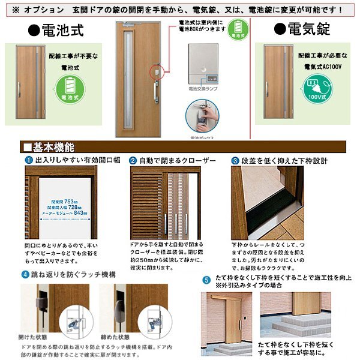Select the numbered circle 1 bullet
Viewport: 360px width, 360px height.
tap(28, 161)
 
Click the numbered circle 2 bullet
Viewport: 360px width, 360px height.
tap(133, 161)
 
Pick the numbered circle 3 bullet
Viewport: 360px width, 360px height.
tap(235, 161)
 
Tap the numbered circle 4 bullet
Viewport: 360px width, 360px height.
tap(25, 275)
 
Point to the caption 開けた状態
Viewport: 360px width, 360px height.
tap(37, 337)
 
